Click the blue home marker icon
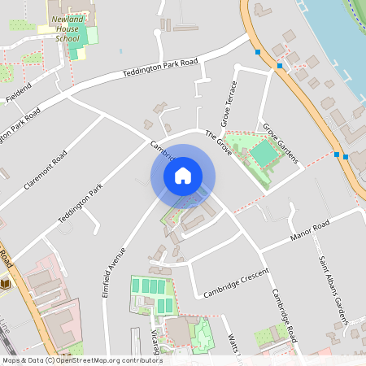183,176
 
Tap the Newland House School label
66,28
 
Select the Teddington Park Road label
160,68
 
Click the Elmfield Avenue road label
114,272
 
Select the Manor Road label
309,232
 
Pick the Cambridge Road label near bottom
285,316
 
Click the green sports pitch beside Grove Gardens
263,152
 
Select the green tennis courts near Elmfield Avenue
153,291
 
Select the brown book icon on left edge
5,282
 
